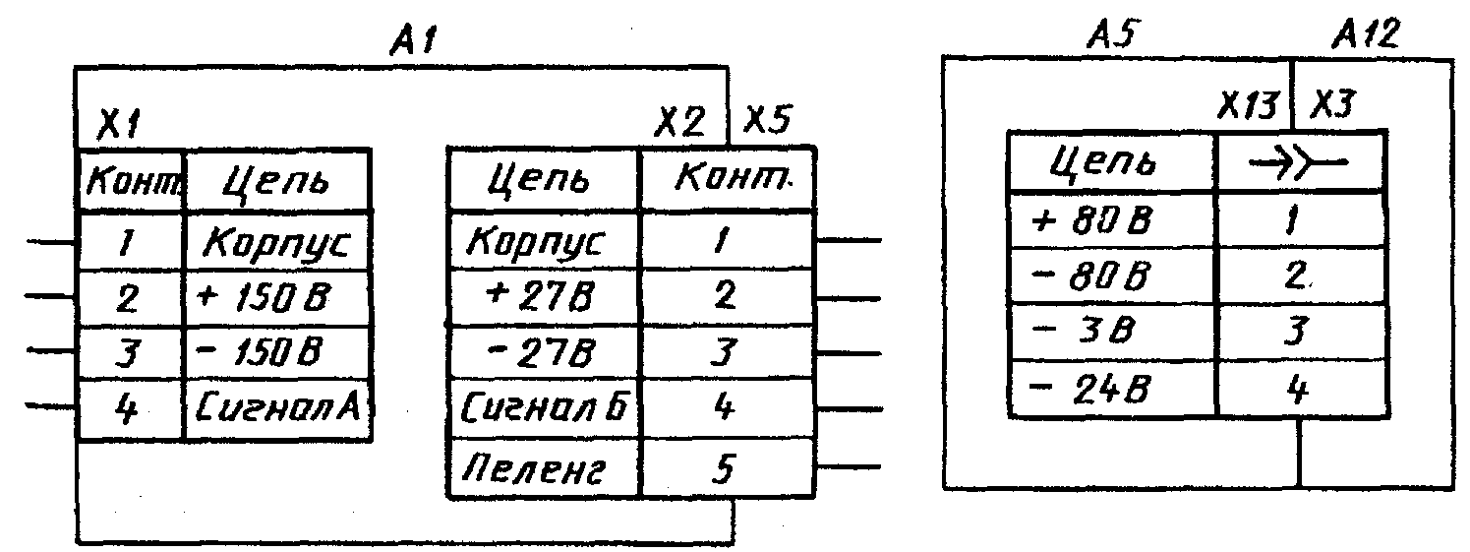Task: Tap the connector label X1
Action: (x=119, y=125)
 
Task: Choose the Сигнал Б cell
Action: (x=543, y=406)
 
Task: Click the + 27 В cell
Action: (x=543, y=294)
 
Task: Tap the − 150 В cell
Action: (x=275, y=350)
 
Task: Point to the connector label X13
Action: (x=1248, y=104)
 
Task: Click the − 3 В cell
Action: (x=1111, y=333)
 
